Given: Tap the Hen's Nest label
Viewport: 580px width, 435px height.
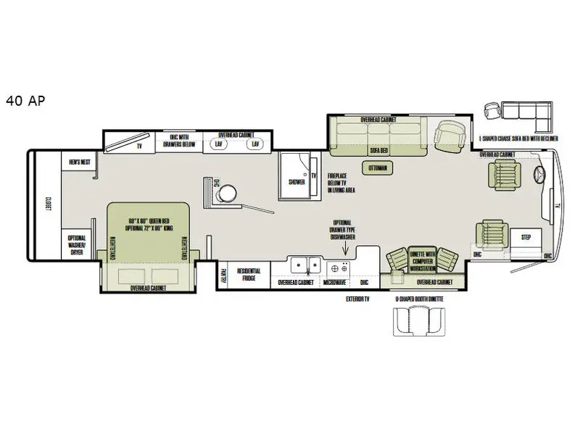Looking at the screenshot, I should coord(79,162).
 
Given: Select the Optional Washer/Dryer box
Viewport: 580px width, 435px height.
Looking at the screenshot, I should coord(77,245).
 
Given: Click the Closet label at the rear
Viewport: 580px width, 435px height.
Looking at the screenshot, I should coord(49,205).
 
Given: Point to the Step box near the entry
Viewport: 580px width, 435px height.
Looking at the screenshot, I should coord(525,237).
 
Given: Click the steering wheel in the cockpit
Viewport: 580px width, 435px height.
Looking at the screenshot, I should coord(539,175).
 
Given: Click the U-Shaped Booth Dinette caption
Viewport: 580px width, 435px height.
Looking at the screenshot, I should coord(420,298).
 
